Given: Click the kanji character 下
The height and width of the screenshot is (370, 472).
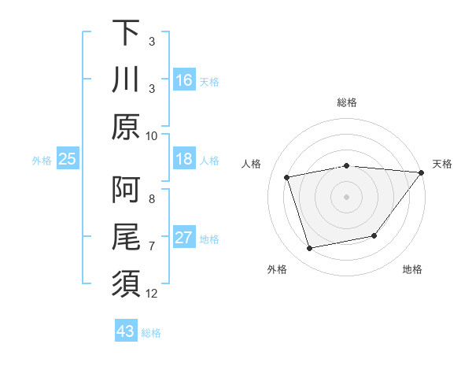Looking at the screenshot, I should click(126, 33).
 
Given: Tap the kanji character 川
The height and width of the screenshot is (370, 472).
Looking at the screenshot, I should click(126, 80).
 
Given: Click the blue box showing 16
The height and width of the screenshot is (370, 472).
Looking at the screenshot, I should click(184, 80).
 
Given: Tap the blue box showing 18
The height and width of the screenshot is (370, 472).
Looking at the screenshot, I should click(184, 159).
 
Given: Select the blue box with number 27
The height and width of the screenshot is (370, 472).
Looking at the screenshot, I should click(184, 238).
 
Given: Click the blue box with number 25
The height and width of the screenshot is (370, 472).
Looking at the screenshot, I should click(67, 159).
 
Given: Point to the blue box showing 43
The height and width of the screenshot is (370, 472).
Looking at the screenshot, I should click(126, 331).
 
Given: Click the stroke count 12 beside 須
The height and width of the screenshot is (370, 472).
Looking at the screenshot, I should click(152, 294).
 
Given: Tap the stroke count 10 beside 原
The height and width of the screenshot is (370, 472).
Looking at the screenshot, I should click(152, 135).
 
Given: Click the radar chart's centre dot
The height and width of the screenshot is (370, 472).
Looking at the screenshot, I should click(346, 196).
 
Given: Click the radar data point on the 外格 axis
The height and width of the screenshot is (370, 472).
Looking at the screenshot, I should click(310, 249).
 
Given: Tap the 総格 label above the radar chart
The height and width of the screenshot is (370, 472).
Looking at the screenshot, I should click(346, 102).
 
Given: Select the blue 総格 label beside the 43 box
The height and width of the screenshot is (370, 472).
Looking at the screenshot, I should click(151, 332).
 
